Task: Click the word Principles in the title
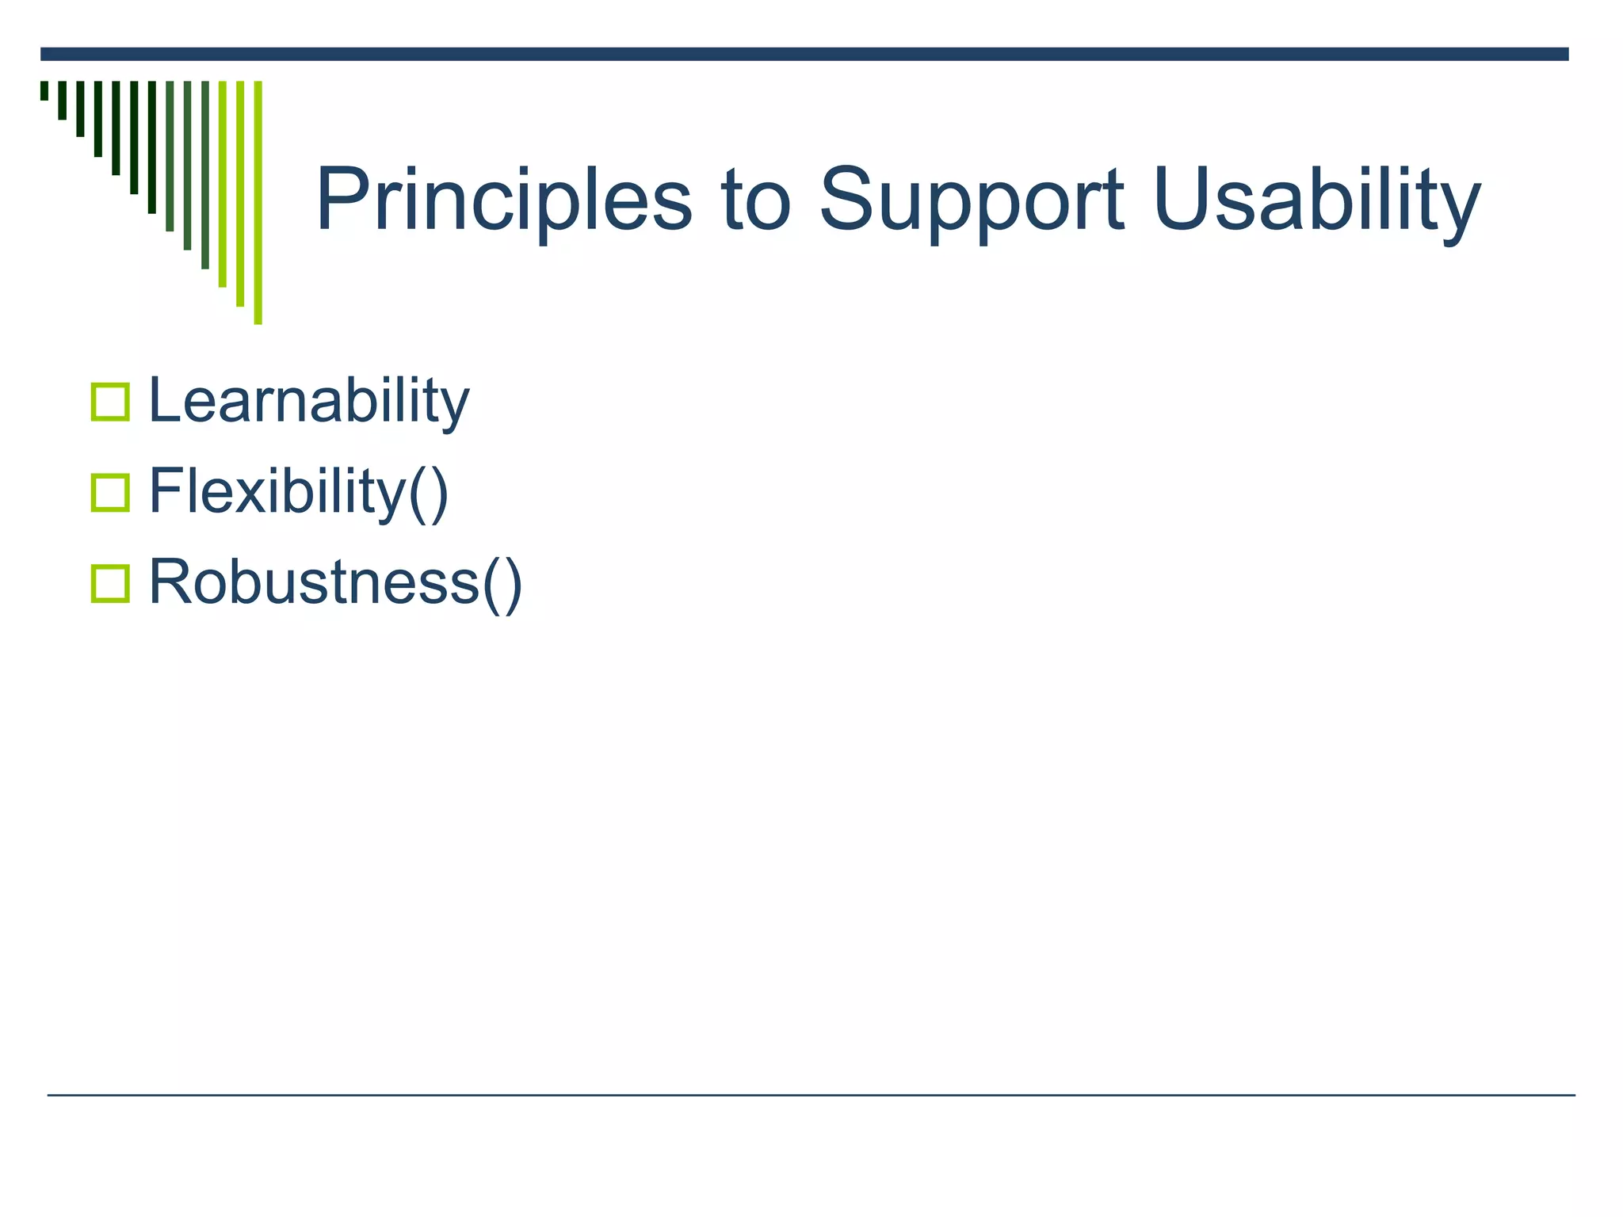(x=504, y=200)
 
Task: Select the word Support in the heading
(x=971, y=201)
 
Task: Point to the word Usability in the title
(x=1316, y=201)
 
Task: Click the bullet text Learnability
(x=309, y=402)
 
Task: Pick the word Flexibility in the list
(x=277, y=492)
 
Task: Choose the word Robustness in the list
(x=314, y=582)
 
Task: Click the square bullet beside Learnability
(x=110, y=402)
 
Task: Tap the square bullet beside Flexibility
(x=110, y=493)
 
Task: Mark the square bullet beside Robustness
(x=110, y=584)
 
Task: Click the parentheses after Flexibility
(x=429, y=494)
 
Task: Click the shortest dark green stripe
(x=44, y=90)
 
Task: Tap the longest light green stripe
(x=258, y=203)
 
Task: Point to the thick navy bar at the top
(x=804, y=54)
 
